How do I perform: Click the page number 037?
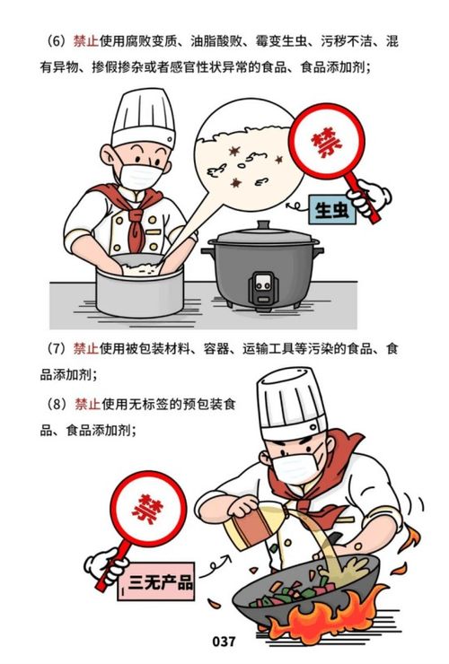224,642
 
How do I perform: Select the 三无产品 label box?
160,581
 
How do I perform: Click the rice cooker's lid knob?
262,225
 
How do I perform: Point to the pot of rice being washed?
138,285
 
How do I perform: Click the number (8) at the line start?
57,405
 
